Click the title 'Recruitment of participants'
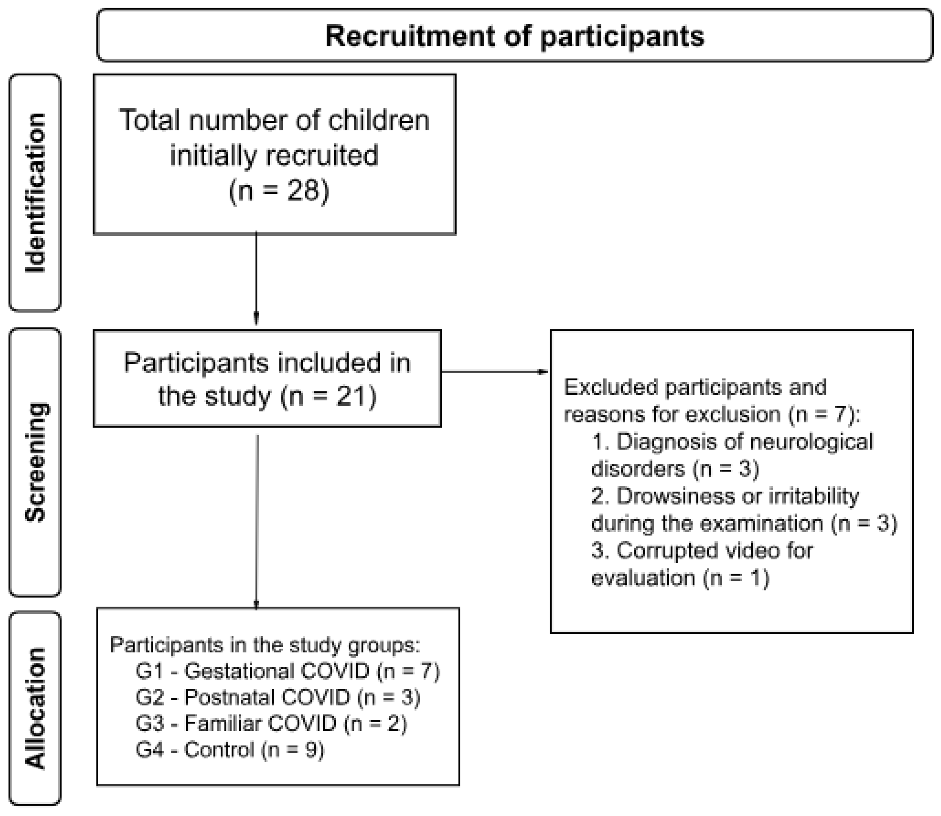(514, 36)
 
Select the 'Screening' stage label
(35, 462)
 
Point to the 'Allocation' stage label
(35, 708)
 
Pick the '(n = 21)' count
(328, 396)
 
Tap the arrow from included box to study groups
(257, 522)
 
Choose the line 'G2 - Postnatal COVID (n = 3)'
(278, 697)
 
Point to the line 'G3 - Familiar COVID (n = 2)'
(271, 723)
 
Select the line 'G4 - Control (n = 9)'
(230, 750)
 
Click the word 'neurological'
(810, 442)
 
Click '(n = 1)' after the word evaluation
(736, 578)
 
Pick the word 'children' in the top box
(379, 121)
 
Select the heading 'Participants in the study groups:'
(265, 645)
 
